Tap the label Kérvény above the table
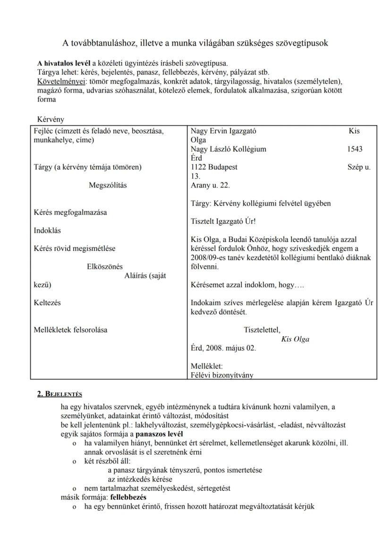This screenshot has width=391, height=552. [x=51, y=119]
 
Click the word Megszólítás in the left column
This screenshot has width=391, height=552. [x=108, y=185]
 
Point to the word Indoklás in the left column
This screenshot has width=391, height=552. [x=47, y=230]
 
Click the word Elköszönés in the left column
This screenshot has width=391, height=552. [x=105, y=266]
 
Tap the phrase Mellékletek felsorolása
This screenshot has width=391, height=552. [x=70, y=330]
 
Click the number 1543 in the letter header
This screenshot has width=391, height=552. [x=354, y=149]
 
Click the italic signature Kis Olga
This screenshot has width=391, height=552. [x=295, y=339]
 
